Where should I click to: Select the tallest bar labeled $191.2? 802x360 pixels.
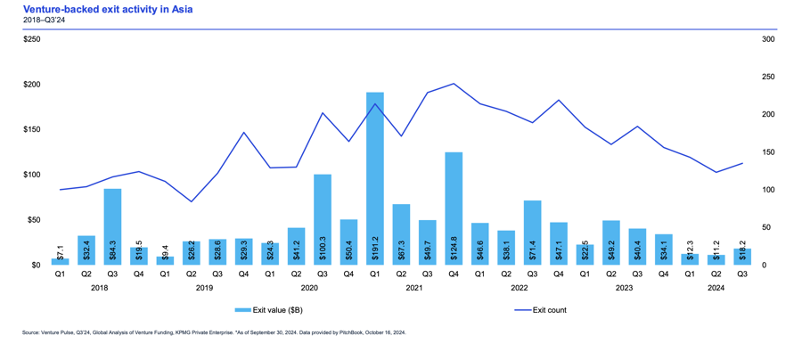375,178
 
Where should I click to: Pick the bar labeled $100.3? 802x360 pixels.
323,219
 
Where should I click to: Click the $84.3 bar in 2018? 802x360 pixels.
113,226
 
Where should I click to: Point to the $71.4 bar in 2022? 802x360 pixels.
532,233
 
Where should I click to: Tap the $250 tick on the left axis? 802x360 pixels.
32,39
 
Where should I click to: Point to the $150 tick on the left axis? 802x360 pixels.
32,130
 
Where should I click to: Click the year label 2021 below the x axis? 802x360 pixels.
414,288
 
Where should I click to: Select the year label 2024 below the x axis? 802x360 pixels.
716,288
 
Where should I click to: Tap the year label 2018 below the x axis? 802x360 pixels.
100,288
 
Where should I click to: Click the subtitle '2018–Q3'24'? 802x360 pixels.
43,20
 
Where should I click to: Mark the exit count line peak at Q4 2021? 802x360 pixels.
454,84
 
